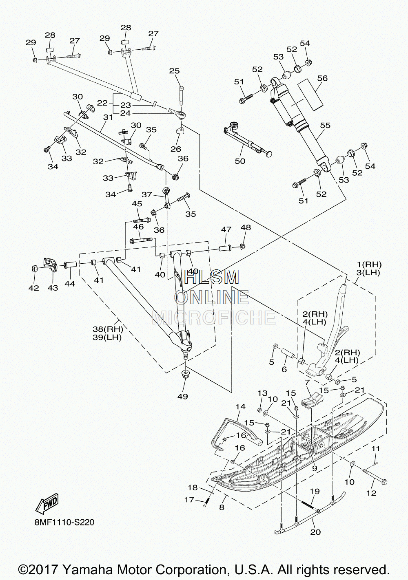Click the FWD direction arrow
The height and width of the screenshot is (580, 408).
[x=47, y=504]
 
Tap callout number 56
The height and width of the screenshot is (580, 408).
[x=322, y=78]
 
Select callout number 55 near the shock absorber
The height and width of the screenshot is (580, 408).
[x=325, y=125]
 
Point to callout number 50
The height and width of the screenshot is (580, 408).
[x=240, y=161]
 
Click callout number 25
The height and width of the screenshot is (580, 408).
[x=175, y=71]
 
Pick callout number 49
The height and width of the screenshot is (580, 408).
[x=183, y=396]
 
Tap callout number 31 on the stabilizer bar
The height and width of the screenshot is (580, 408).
[x=108, y=117]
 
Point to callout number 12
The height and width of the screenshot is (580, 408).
[x=371, y=493]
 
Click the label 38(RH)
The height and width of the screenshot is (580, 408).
[x=108, y=330]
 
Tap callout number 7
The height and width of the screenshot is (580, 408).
[x=307, y=382]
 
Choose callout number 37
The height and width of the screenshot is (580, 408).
[x=146, y=194]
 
